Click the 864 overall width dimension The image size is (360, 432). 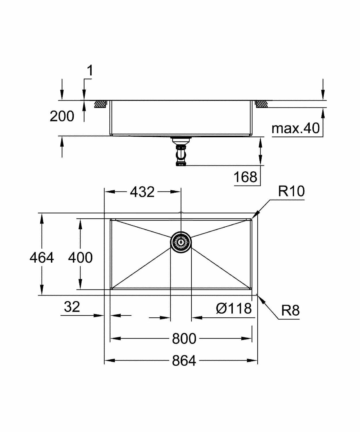point(184,361)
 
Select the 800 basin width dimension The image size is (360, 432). point(184,339)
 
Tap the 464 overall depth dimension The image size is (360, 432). point(41,257)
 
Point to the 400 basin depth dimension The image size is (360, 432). point(80,257)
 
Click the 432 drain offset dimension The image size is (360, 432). point(142,192)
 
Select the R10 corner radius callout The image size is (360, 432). point(291,191)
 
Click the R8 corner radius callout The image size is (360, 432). point(290,310)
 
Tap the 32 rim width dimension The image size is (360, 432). point(72,307)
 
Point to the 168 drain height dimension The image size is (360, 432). point(245,177)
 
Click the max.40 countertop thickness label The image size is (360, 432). point(296,128)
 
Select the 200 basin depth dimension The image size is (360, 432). point(62,116)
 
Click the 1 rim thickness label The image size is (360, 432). point(90,71)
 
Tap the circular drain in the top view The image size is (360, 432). point(181,242)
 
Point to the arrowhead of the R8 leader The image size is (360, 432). point(261,300)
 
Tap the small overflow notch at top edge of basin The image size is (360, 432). point(181,213)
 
